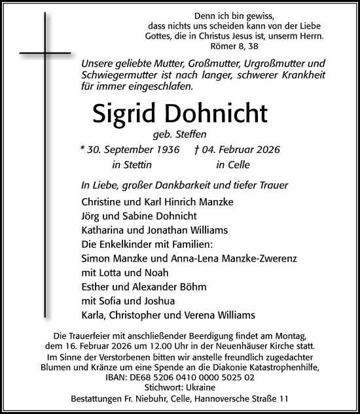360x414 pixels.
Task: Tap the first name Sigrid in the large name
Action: (123, 114)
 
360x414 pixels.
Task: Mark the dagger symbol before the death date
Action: (196, 150)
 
